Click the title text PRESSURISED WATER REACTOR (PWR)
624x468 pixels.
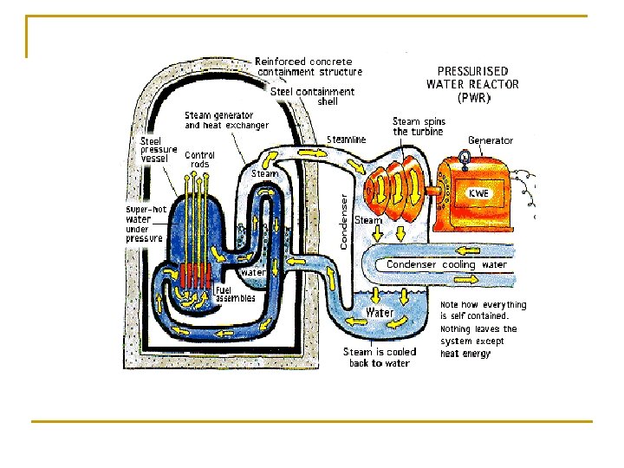click(x=472, y=84)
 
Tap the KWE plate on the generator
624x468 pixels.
click(x=479, y=193)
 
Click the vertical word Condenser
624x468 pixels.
click(x=344, y=221)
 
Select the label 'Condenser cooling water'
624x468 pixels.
click(x=446, y=264)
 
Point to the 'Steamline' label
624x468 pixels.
click(x=347, y=140)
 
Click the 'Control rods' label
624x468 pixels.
click(x=200, y=159)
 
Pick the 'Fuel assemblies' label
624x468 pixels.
click(x=235, y=294)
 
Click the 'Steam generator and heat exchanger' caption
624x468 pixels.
click(x=226, y=120)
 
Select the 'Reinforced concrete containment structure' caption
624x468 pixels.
click(x=309, y=67)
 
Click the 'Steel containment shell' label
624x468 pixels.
click(x=313, y=95)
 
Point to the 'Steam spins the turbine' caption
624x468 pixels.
click(x=418, y=127)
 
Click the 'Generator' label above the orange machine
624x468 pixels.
click(x=491, y=140)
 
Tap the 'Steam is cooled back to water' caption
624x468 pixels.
click(x=379, y=357)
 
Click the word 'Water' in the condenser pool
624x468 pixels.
click(x=380, y=312)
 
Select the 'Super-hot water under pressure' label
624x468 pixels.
click(x=145, y=224)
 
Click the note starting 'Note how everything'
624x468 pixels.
click(x=483, y=329)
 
